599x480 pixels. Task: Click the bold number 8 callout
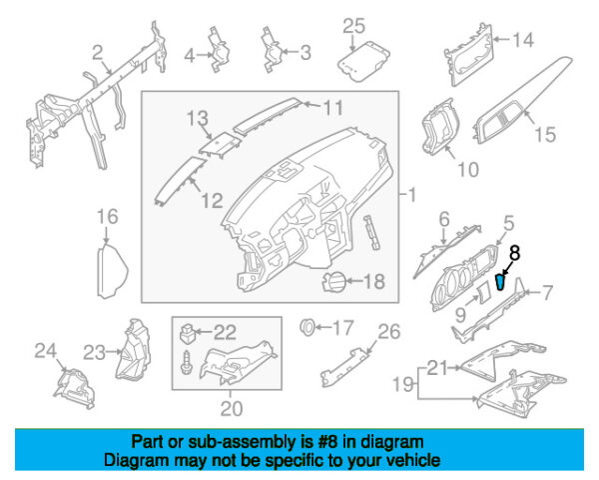[x=514, y=253]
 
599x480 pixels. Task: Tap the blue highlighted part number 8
[x=500, y=282]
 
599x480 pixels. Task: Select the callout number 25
[x=353, y=26]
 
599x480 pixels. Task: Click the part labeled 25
[x=363, y=61]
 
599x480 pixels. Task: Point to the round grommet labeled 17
[x=306, y=327]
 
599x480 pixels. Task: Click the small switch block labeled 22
[x=188, y=333]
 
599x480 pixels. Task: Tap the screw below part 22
[x=187, y=362]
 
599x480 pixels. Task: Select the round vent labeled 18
[x=333, y=282]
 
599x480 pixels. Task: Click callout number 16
[x=108, y=217]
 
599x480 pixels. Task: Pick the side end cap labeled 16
[x=112, y=269]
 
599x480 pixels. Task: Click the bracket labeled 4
[x=220, y=49]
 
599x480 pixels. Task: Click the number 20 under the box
[x=232, y=409]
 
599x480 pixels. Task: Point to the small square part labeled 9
[x=483, y=292]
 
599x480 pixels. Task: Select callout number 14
[x=522, y=40]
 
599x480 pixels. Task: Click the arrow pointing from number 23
[x=114, y=351]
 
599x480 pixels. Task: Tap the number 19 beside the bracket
[x=403, y=384]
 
